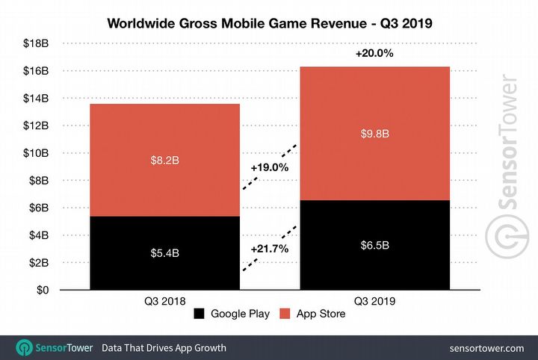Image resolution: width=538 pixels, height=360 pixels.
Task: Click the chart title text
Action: [x=269, y=23]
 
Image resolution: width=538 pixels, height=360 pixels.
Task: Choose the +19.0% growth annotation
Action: [x=269, y=168]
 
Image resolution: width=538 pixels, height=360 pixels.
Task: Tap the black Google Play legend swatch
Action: [x=199, y=314]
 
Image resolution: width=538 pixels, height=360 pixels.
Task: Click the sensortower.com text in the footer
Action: [x=486, y=347]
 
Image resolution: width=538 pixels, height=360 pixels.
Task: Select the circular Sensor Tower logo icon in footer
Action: [x=25, y=347]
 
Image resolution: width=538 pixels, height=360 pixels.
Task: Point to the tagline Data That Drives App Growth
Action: [x=164, y=347]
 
